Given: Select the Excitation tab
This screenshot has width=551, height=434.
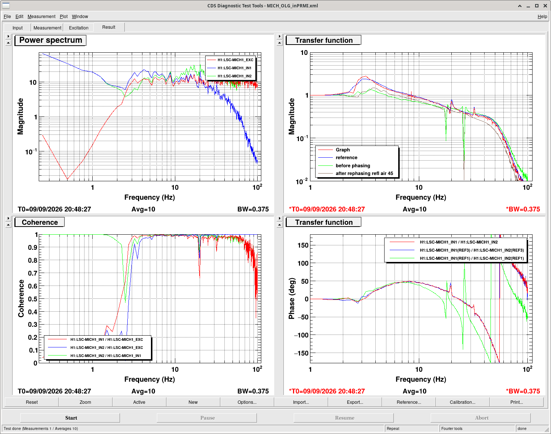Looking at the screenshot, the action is click(79, 28).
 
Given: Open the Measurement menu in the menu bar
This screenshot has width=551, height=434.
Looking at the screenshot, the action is click(41, 16).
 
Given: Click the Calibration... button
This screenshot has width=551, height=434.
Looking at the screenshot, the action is click(462, 402).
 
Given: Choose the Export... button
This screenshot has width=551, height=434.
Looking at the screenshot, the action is click(355, 402).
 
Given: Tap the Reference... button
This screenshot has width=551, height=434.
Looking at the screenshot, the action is click(409, 402).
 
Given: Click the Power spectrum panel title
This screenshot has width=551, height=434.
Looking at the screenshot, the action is click(51, 40).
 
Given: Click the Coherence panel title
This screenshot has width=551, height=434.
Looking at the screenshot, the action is click(40, 222).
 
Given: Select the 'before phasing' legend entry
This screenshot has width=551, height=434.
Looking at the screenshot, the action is click(353, 166).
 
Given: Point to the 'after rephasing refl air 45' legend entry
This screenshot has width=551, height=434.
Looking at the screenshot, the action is click(364, 173).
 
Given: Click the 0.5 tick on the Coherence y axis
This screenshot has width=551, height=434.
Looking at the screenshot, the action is click(32, 299).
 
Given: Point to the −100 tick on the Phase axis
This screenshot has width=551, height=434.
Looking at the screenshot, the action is click(301, 335).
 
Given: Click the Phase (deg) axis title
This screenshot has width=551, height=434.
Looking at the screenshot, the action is click(292, 298).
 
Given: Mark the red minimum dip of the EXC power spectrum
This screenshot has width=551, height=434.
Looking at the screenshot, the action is click(67, 179).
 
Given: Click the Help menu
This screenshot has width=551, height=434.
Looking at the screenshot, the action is click(542, 16).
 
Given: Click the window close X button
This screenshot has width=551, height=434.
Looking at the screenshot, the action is click(545, 6).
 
